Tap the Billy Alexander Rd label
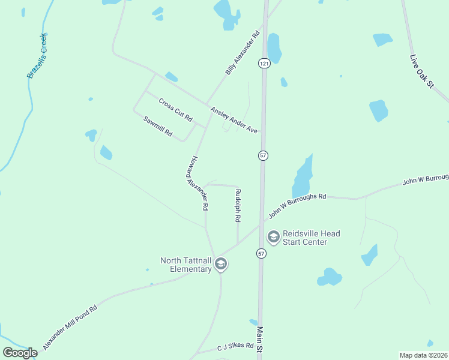tap(243, 53)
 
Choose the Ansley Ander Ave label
tap(234, 121)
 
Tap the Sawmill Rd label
tap(158, 125)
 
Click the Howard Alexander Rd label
tap(196, 184)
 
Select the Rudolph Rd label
tap(238, 206)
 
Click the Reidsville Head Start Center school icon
tap(274, 238)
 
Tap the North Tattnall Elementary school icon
tap(221, 265)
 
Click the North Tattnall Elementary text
tap(186, 265)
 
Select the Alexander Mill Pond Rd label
tap(70, 329)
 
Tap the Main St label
tap(260, 340)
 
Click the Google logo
tap(20, 353)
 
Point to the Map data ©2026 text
tap(424, 355)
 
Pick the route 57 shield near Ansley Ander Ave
tap(263, 156)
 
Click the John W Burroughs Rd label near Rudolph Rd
tap(297, 205)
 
